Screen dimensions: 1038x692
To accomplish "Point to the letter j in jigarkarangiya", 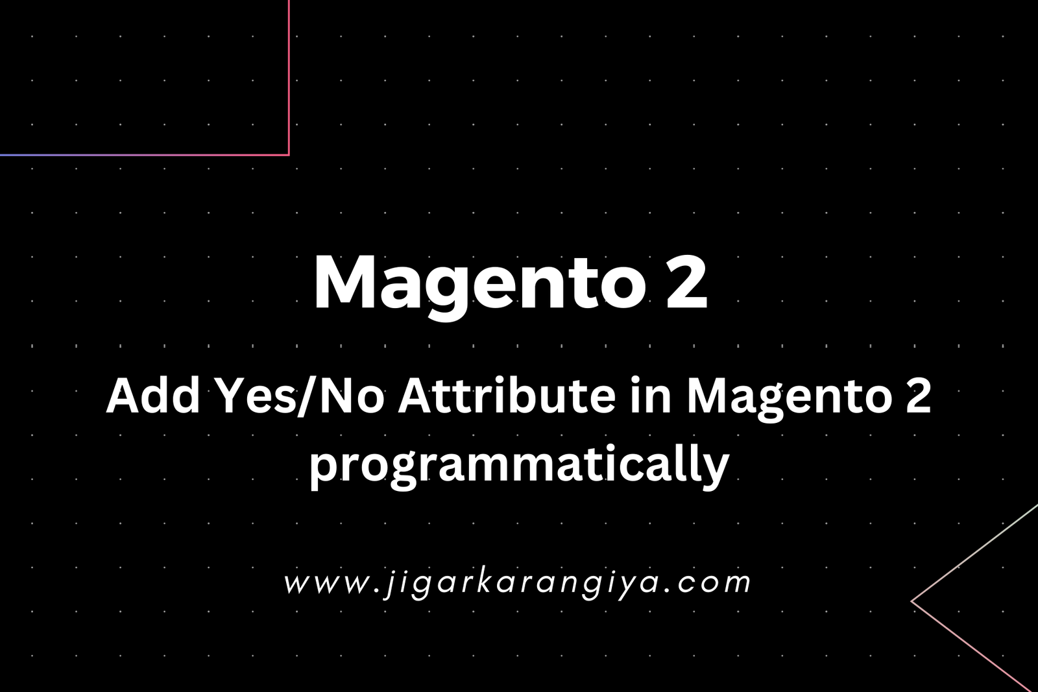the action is [390, 584].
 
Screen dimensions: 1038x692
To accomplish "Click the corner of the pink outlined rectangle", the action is [289, 155].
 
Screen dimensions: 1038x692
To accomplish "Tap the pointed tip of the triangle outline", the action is [911, 601].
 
